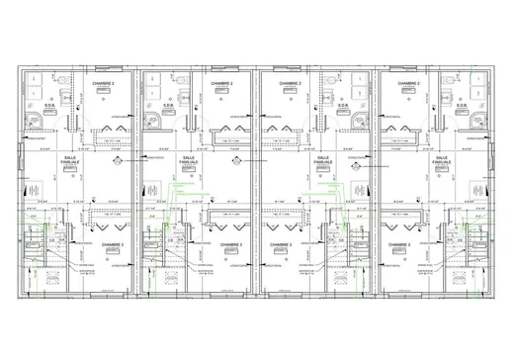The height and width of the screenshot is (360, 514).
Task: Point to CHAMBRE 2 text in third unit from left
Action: [291, 84]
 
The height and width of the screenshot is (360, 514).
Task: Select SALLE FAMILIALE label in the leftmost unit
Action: [70, 161]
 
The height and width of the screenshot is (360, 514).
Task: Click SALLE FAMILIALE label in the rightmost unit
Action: [441, 161]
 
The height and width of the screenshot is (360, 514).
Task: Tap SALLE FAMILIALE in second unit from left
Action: [187, 161]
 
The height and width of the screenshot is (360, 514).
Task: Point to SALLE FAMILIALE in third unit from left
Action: [322, 161]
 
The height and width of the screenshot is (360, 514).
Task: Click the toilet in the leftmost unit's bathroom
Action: [60, 98]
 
